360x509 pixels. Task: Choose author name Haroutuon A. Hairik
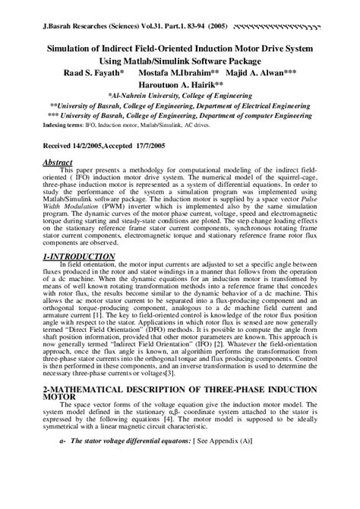click(x=180, y=86)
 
